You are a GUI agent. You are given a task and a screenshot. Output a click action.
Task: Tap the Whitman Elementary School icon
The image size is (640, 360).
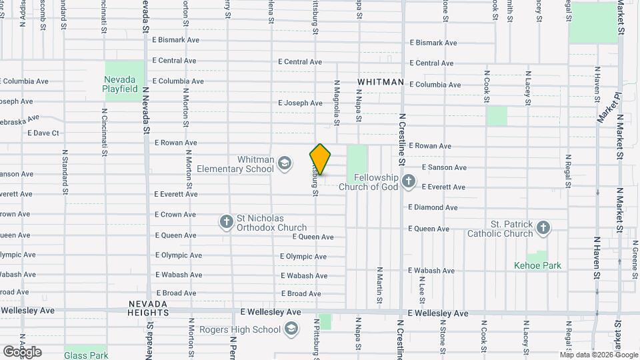click(x=285, y=163)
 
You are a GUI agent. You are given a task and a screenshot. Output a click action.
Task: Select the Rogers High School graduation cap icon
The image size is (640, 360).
click(x=291, y=329)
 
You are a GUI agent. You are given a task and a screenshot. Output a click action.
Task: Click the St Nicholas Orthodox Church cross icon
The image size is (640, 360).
click(x=227, y=221)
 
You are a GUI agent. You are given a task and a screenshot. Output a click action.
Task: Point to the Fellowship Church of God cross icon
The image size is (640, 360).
click(x=408, y=181)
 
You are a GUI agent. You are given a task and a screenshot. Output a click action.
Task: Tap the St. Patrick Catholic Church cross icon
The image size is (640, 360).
click(x=543, y=228)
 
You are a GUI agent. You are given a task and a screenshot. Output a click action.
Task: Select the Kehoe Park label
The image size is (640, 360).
click(x=537, y=265)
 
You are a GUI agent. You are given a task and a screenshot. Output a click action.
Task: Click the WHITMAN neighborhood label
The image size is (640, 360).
click(x=381, y=82)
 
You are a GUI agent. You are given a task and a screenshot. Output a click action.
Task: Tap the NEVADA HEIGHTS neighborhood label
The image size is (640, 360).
click(x=147, y=308)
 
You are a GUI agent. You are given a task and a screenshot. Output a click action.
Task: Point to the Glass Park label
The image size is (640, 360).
click(x=87, y=355)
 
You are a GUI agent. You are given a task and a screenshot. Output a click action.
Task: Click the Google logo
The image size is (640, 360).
click(x=23, y=351)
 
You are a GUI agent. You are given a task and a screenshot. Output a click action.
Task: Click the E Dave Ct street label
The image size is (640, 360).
click(x=43, y=133)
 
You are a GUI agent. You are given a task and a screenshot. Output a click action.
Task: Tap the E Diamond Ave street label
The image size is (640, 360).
click(x=433, y=207)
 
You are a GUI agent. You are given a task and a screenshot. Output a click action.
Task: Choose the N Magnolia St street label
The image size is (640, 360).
click(x=337, y=103)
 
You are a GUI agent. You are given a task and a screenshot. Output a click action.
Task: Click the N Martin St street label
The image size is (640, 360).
click(x=379, y=285)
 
